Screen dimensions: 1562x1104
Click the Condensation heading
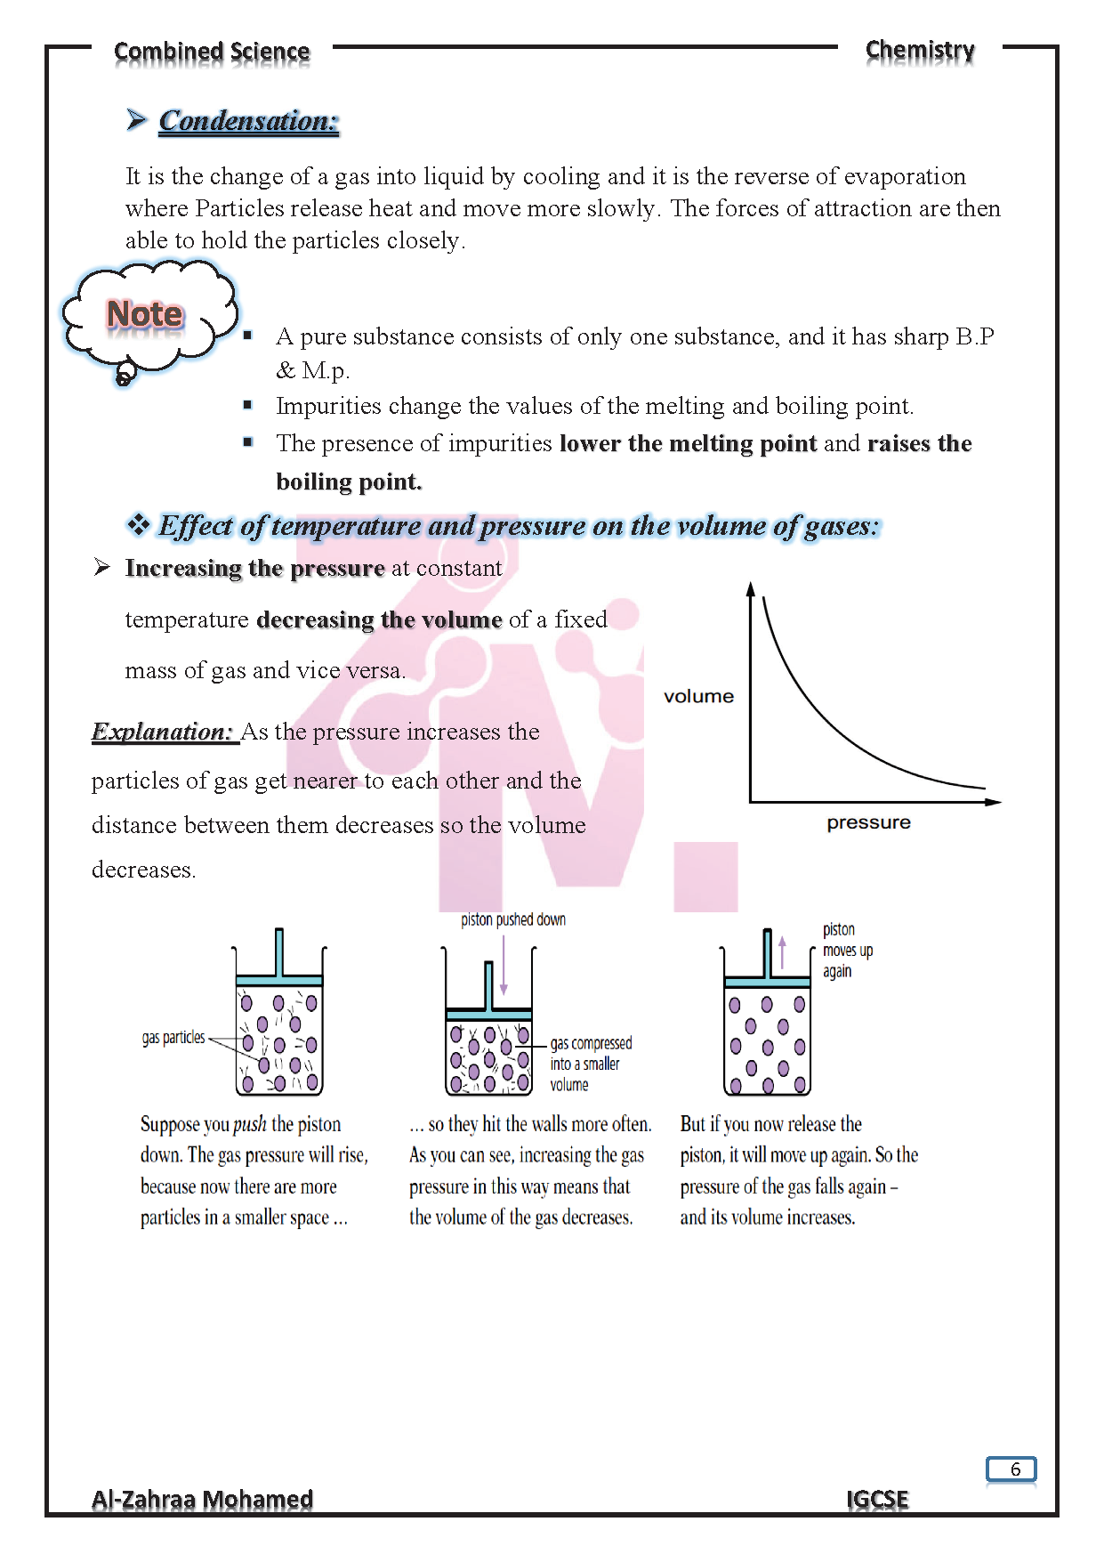point(248,121)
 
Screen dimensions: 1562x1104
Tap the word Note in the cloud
point(144,314)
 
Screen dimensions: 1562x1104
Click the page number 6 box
point(1011,1469)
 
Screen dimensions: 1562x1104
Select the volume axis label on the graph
point(698,696)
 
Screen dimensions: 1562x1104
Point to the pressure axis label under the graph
point(868,822)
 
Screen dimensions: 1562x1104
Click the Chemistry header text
point(920,51)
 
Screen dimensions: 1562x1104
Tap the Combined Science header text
point(212,52)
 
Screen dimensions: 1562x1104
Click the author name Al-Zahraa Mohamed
point(202,1499)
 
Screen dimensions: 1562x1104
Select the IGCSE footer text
point(877,1499)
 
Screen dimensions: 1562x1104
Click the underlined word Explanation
point(162,732)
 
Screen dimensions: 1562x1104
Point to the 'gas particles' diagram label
point(173,1038)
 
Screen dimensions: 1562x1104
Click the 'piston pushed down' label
point(512,919)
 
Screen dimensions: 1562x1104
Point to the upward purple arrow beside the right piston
point(783,951)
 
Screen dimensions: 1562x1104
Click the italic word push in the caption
point(250,1124)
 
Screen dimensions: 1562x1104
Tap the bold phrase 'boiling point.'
point(349,482)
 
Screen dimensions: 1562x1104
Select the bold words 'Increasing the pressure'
point(254,568)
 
